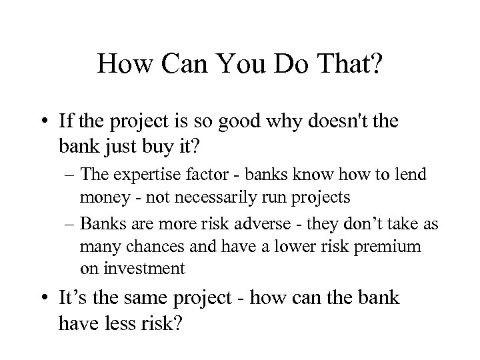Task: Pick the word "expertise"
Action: pos(149,176)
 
